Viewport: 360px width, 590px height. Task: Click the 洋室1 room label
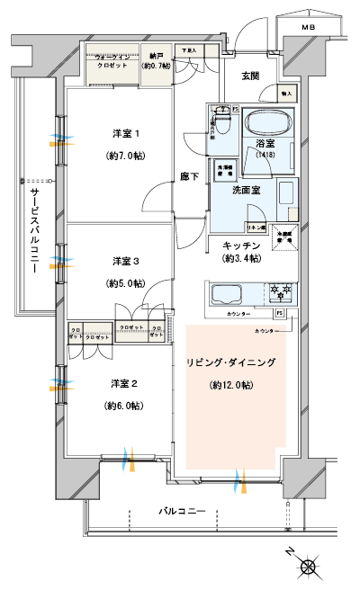tap(126, 134)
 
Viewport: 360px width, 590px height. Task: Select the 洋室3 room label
tap(126, 262)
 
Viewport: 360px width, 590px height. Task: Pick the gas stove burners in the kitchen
tap(274, 291)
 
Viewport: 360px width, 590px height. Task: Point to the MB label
tap(308, 28)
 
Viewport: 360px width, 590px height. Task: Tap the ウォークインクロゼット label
tap(112, 60)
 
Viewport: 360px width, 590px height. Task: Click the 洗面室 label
tap(247, 191)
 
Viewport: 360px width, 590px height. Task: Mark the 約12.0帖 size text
tap(231, 387)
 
